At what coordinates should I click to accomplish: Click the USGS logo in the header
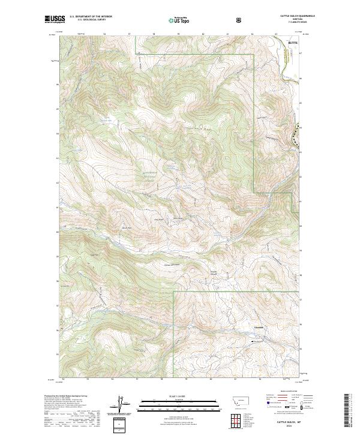coord(55,20)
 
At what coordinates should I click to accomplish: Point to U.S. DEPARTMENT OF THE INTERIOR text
coord(91,17)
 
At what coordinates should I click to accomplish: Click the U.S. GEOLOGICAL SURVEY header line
coord(88,20)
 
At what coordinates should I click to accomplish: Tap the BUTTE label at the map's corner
coord(292,43)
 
